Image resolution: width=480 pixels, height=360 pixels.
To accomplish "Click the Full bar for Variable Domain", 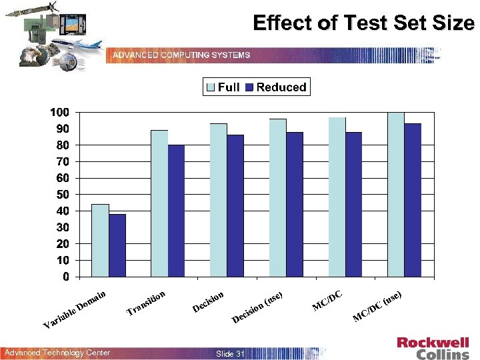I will point(100,240).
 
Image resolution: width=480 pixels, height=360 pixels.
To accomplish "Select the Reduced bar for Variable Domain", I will point(117,245).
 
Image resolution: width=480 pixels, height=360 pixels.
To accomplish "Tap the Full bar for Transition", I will point(159,203).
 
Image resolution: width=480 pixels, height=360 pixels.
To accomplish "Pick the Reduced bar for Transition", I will point(177,211).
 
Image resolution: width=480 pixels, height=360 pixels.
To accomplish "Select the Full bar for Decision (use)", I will point(277,197).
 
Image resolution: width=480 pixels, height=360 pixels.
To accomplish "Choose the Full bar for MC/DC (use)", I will point(396,194).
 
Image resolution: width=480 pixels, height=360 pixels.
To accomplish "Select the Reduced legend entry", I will point(276,87).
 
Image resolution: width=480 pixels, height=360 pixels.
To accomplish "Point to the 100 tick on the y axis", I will point(59,112).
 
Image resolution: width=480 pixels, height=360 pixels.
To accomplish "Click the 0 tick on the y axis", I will point(66,277).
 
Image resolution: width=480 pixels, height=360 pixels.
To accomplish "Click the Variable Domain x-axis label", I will point(75,310).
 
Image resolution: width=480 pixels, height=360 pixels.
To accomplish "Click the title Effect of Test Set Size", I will point(363,24).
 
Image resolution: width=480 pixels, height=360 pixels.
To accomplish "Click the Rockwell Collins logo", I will point(433,348).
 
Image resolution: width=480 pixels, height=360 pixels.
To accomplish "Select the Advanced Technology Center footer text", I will point(57,353).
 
